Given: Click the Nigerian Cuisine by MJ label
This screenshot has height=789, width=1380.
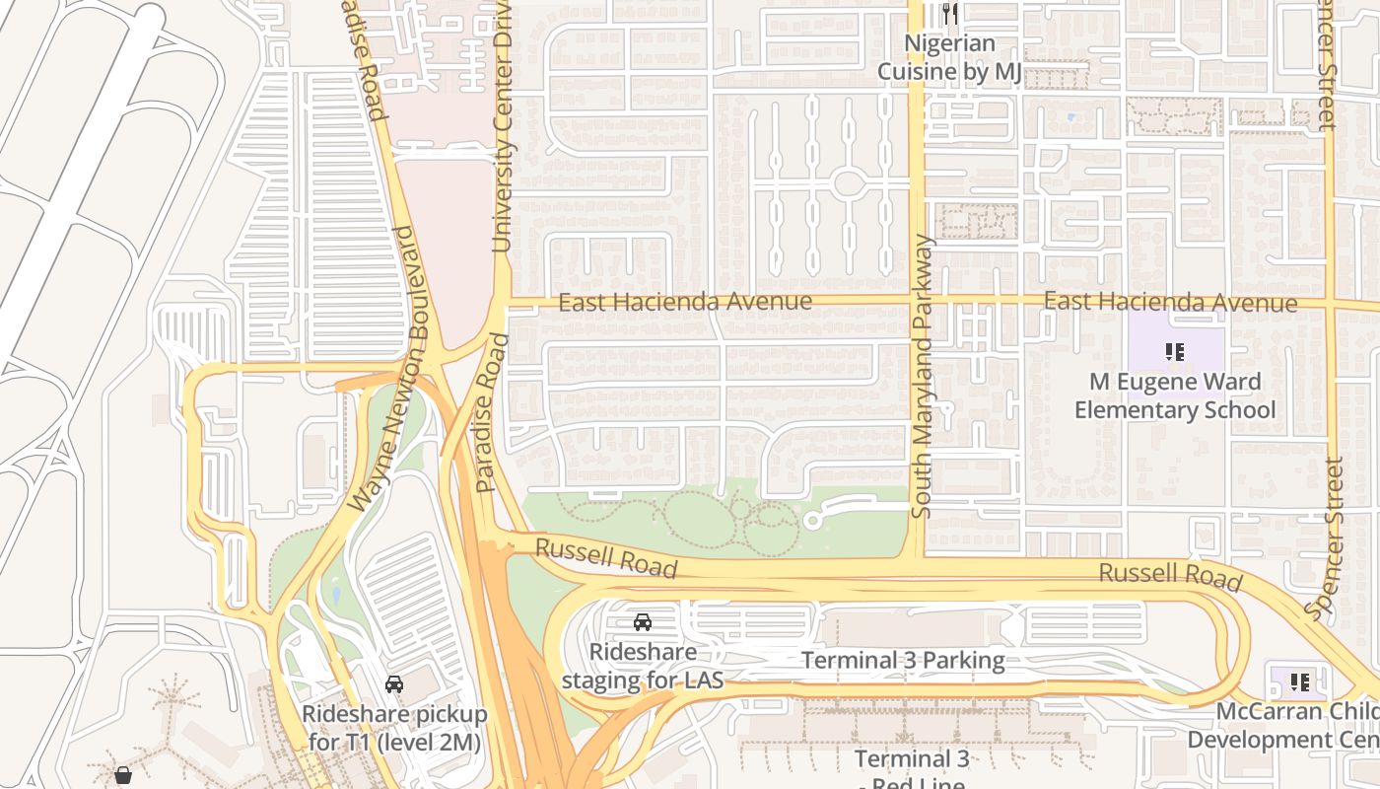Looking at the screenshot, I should (x=949, y=57).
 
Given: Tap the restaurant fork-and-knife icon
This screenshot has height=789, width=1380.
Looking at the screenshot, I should (x=950, y=13).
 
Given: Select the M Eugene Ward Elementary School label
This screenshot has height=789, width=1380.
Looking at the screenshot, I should (x=1175, y=395).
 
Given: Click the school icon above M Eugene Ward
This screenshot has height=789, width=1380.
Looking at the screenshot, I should (x=1175, y=351).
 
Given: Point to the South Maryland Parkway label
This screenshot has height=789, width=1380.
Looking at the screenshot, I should (x=923, y=376).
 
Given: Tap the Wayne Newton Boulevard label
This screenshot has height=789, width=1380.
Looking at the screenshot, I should (x=386, y=369).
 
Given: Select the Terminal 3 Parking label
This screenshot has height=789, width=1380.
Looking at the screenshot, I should (x=903, y=661).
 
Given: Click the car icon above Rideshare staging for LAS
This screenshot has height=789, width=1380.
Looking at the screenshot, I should (x=643, y=621).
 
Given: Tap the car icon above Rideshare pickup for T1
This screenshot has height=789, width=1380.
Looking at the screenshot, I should (x=394, y=683).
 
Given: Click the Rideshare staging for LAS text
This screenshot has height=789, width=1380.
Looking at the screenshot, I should (x=643, y=666).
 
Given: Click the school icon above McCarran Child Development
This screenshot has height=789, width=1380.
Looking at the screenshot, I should (x=1300, y=681).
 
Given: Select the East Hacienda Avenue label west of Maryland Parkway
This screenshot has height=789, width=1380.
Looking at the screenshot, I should (x=685, y=302).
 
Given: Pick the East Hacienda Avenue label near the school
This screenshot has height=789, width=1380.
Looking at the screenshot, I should (x=1170, y=302).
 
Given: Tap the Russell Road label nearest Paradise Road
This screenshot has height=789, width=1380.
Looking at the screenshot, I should (x=606, y=557).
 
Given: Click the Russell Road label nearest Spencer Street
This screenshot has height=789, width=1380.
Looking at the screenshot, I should (x=1170, y=576).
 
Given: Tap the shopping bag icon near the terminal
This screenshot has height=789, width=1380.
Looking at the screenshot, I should (x=123, y=776).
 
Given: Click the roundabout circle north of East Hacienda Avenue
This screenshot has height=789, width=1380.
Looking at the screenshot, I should (x=849, y=182).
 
